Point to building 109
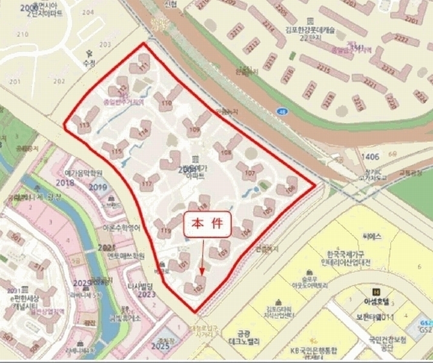(x=195, y=129)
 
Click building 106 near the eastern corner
(x=290, y=189)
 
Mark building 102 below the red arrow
(x=197, y=289)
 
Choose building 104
(x=245, y=232)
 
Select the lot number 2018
(x=64, y=182)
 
